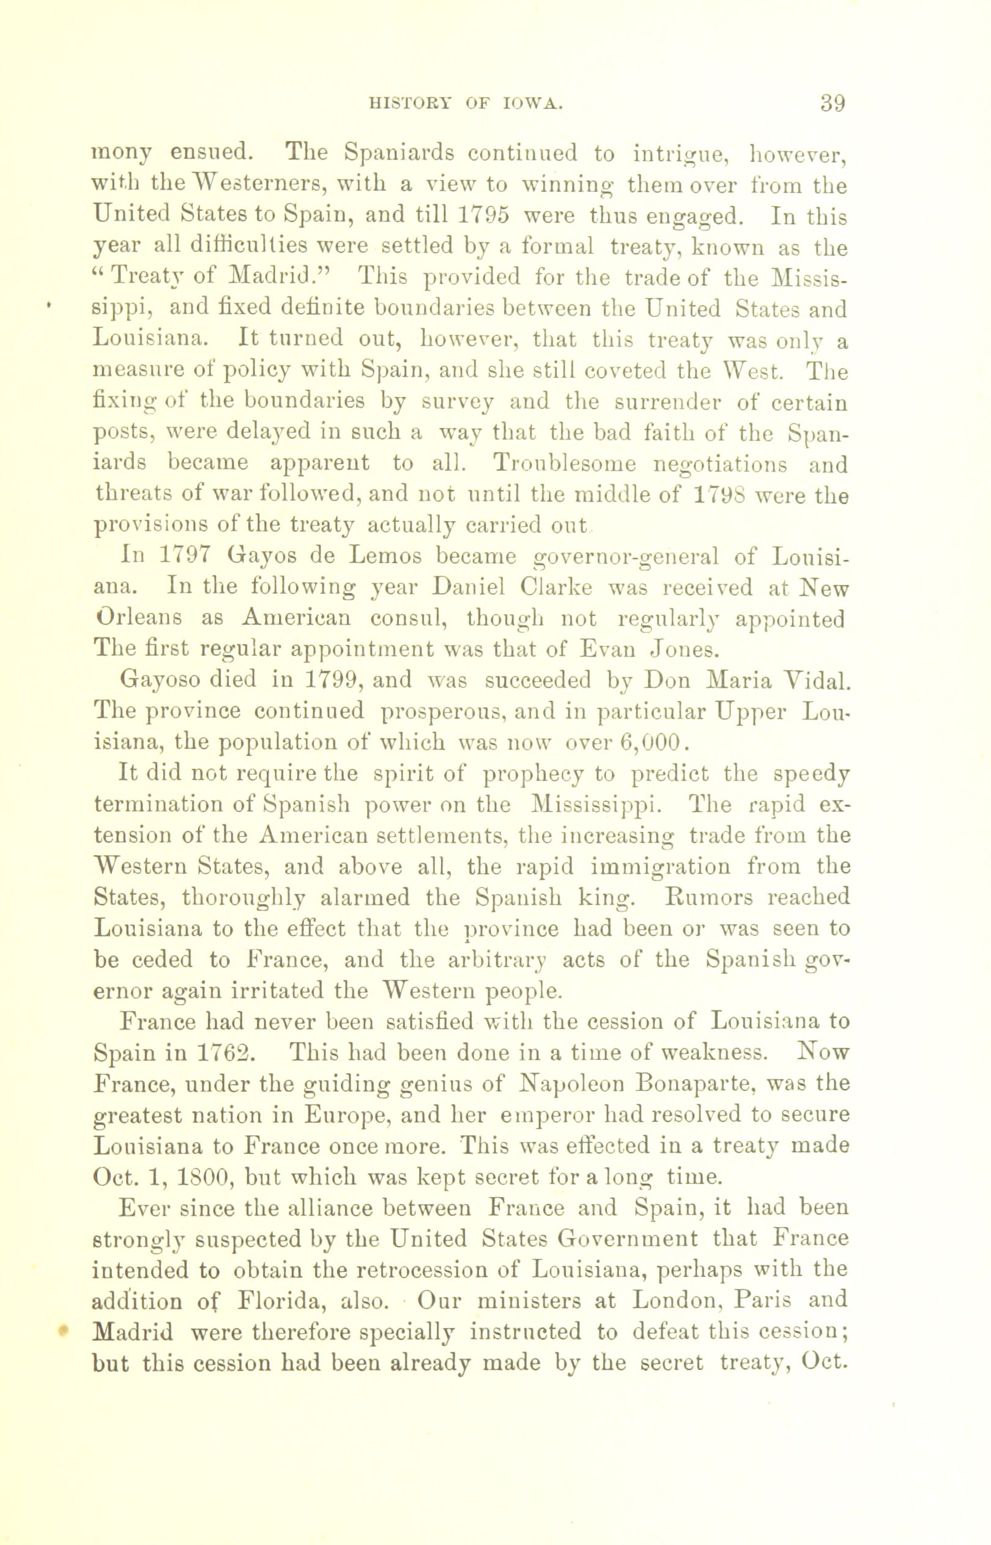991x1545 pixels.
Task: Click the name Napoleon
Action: [x=570, y=1084]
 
